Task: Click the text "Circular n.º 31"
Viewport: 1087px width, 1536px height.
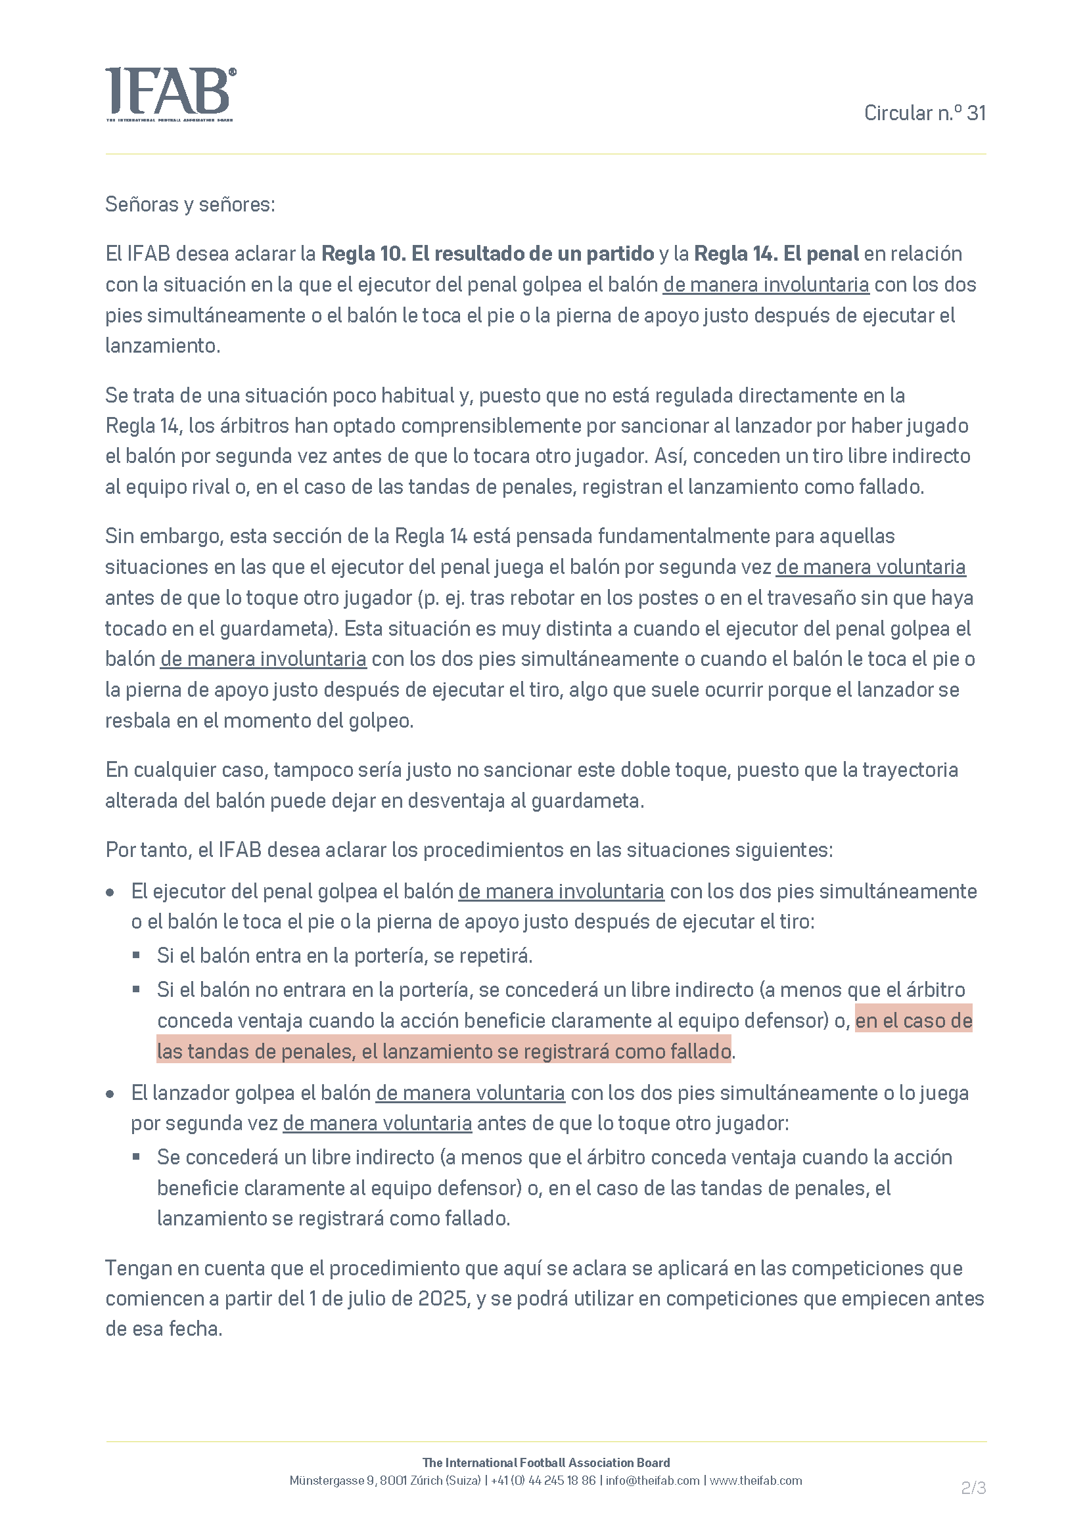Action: [x=925, y=113]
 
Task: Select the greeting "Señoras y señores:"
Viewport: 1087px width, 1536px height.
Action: [x=190, y=204]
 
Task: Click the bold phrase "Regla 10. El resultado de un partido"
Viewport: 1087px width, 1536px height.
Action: [x=487, y=253]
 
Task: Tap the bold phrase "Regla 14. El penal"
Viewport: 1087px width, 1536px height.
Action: [x=775, y=253]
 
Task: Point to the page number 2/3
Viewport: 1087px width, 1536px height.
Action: [x=973, y=1488]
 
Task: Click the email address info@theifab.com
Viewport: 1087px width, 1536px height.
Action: [x=652, y=1480]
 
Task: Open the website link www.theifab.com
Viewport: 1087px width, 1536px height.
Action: [x=755, y=1480]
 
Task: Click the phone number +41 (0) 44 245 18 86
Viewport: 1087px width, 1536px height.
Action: [x=543, y=1480]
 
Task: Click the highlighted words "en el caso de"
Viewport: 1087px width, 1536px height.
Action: [x=914, y=1020]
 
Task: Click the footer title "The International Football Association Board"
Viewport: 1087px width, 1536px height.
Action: [x=545, y=1462]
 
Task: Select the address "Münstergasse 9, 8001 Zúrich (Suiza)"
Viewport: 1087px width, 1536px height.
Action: [x=385, y=1480]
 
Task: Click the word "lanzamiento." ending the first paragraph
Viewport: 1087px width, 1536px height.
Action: [x=162, y=345]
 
